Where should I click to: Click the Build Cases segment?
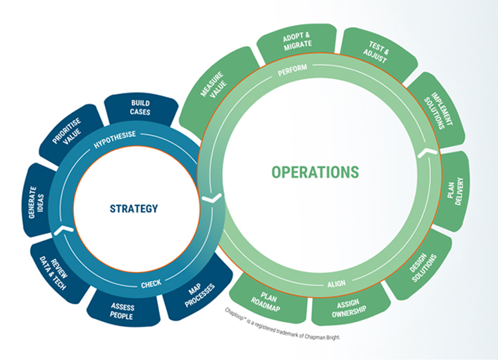click(x=140, y=107)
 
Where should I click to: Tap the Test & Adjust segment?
click(x=379, y=51)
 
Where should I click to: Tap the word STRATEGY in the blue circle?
click(x=133, y=208)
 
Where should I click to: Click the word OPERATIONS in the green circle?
click(x=315, y=172)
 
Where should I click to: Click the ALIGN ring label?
click(x=336, y=283)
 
